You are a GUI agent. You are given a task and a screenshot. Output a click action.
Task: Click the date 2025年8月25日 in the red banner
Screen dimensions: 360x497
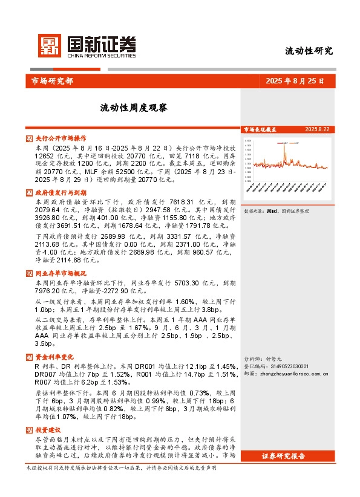click(294, 80)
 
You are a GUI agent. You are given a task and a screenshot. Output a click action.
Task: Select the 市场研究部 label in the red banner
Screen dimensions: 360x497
click(51, 80)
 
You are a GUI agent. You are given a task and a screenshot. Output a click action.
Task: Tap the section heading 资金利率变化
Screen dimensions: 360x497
click(54, 357)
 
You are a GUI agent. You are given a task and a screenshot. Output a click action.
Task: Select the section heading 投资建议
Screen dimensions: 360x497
click(48, 429)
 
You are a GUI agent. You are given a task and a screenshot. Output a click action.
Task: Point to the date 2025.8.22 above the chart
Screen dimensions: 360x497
click(317, 129)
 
